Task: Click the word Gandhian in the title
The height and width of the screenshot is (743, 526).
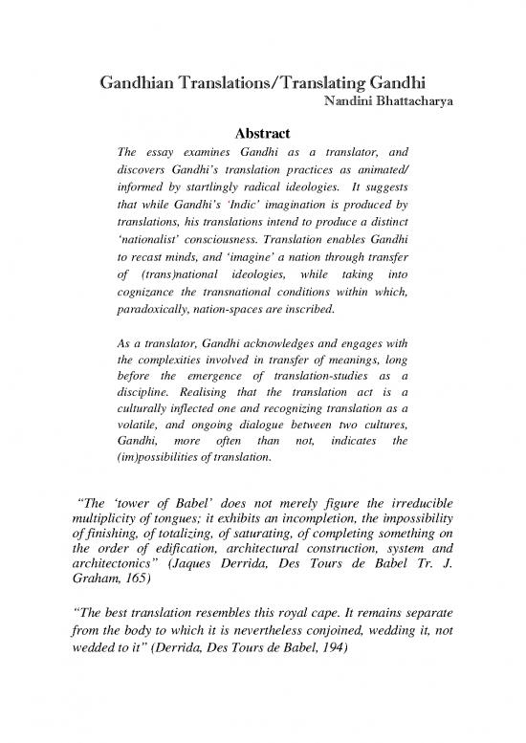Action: click(x=133, y=84)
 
